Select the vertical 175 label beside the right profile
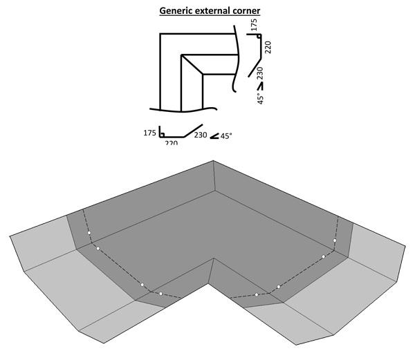[254, 25]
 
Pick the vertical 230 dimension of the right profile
[260, 73]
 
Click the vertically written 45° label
[260, 97]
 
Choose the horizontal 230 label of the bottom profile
[200, 135]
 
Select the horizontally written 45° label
[226, 136]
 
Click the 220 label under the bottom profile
[172, 143]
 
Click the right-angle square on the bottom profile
[162, 134]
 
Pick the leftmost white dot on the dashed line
[89, 234]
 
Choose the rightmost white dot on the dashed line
[335, 241]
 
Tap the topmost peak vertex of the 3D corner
[213, 161]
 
